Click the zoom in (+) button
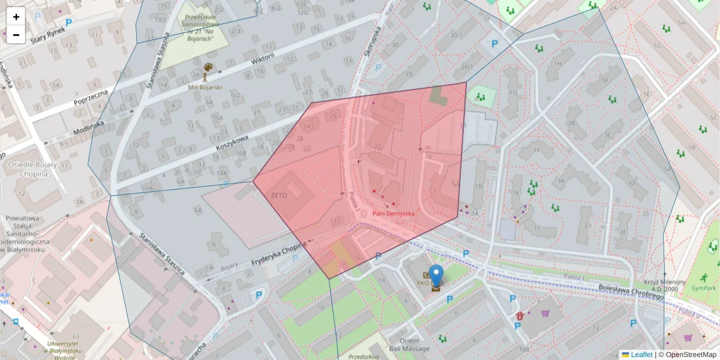click(16, 17)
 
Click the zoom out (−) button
click(16, 35)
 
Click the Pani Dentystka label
click(394, 213)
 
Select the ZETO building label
click(279, 196)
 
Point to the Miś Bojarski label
click(205, 87)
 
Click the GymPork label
click(703, 289)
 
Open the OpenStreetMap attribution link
click(691, 355)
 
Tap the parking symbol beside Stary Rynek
click(68, 23)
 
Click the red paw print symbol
click(520, 316)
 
